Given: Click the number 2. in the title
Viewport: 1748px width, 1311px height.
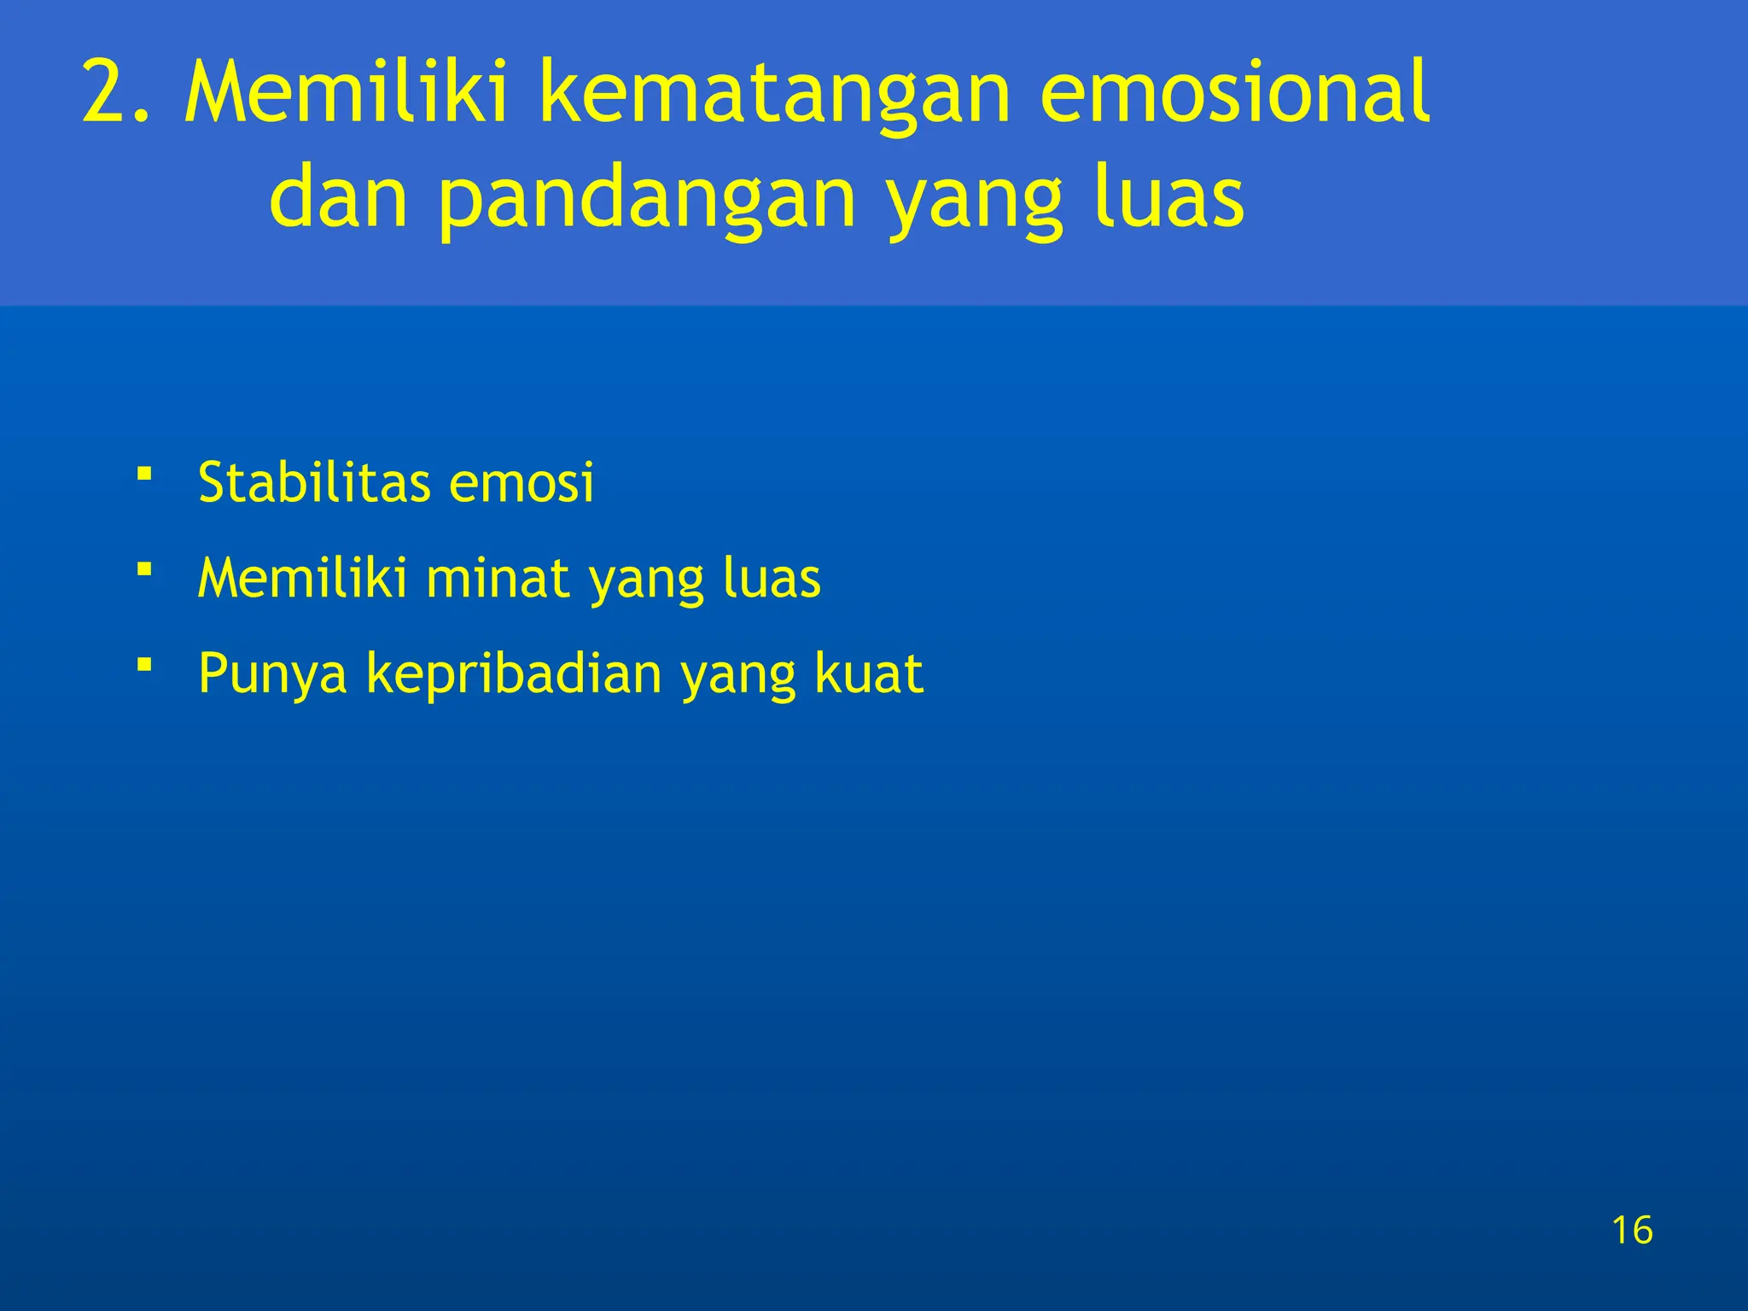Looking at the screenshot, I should [118, 91].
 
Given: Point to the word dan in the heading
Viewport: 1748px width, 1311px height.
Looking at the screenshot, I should [338, 198].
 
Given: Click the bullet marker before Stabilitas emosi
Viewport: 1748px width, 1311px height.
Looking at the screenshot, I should [145, 473].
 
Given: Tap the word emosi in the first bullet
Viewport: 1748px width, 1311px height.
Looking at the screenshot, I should [521, 482].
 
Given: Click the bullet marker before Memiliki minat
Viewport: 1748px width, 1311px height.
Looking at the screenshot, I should [145, 568].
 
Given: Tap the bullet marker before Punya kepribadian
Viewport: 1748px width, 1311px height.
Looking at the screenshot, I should [145, 663].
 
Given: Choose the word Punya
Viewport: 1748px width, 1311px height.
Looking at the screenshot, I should [272, 674].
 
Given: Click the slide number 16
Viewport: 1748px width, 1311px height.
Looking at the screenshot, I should [1632, 1230].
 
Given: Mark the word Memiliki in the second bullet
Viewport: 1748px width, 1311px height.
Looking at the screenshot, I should [302, 578].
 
